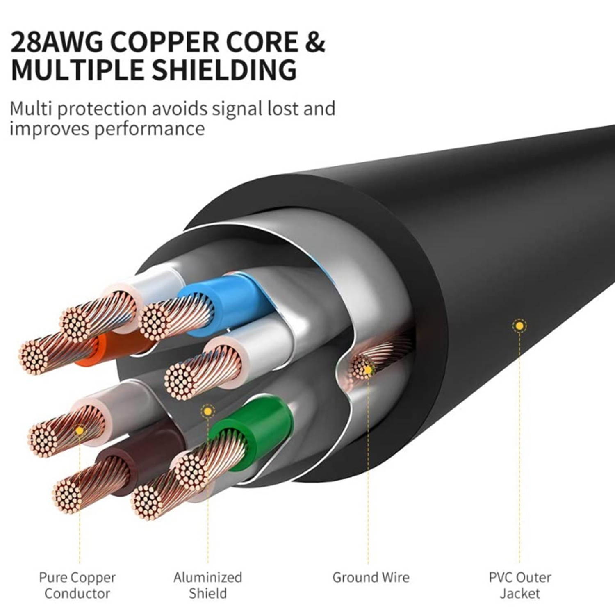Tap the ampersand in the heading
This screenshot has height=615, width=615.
[314, 42]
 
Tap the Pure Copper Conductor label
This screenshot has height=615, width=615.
[77, 585]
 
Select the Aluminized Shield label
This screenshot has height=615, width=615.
[207, 585]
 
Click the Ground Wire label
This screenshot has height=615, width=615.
[371, 577]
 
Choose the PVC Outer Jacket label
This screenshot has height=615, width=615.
[519, 585]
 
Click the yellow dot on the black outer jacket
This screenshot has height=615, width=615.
[519, 326]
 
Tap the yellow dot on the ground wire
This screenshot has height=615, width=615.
[368, 370]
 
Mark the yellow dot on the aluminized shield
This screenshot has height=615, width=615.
[208, 411]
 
